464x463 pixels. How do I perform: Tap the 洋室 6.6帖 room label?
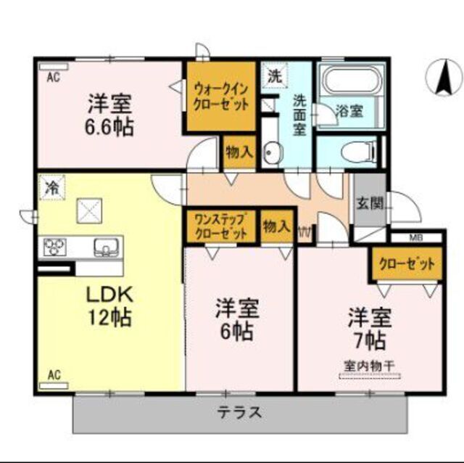(x=111, y=115)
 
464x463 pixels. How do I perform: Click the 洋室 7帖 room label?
(x=370, y=327)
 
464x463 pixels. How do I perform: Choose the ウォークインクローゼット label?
(x=220, y=97)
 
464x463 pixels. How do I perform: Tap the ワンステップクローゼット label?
(x=220, y=226)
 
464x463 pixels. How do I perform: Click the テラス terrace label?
(x=239, y=414)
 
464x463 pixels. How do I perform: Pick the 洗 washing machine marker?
(x=274, y=74)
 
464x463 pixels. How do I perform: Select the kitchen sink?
(x=105, y=248)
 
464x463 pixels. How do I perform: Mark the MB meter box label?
(x=415, y=237)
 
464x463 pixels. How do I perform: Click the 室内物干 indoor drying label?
(x=369, y=366)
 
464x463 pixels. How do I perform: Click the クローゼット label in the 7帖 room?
(x=407, y=264)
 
